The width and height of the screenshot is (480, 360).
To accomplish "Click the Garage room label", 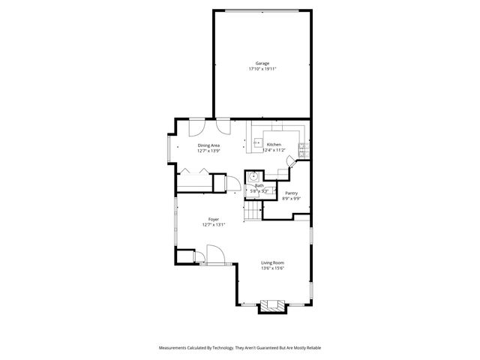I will click(x=262, y=63).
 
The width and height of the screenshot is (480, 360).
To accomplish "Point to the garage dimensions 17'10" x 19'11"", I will click(x=262, y=69).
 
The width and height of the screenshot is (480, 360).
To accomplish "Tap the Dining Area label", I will click(x=208, y=145).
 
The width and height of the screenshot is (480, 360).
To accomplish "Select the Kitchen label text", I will click(x=274, y=145).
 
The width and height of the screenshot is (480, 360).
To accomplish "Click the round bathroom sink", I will click(x=254, y=177).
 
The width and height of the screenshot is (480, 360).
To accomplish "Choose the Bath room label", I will click(x=259, y=185).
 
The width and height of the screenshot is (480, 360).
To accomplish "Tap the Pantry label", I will click(x=291, y=193).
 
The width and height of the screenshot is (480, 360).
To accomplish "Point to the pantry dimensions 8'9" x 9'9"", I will click(x=291, y=199).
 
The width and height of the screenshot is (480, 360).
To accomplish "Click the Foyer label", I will click(x=214, y=219).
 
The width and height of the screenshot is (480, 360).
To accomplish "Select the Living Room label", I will click(x=272, y=262).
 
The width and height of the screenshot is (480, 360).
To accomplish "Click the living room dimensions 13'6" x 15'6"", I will click(x=272, y=268).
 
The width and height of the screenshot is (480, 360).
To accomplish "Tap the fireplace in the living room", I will click(x=271, y=306).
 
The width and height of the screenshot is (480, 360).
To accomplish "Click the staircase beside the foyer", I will click(x=252, y=214).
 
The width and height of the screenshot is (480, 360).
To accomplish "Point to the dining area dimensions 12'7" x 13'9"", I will click(x=208, y=151).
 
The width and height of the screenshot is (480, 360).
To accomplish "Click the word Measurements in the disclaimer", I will click(x=177, y=348).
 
